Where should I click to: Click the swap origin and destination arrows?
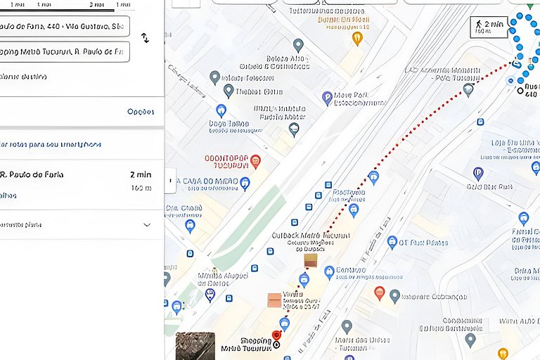pyautogui.click(x=145, y=38)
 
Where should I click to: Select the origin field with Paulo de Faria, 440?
pyautogui.click(x=63, y=27)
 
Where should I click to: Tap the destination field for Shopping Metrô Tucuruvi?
pyautogui.click(x=63, y=51)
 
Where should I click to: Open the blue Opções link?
pyautogui.click(x=141, y=112)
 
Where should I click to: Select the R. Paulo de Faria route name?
pyautogui.click(x=32, y=174)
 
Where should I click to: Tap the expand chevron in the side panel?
pyautogui.click(x=147, y=225)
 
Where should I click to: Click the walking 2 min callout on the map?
pyautogui.click(x=489, y=27)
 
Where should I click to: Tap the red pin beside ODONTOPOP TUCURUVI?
pyautogui.click(x=255, y=161)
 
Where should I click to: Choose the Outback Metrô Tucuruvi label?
pyautogui.click(x=310, y=236)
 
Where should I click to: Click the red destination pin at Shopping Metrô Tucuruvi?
pyautogui.click(x=276, y=336)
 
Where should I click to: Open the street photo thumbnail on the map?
pyautogui.click(x=195, y=346)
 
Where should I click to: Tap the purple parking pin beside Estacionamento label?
pyautogui.click(x=327, y=97)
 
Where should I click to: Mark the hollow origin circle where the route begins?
pyautogui.click(x=520, y=91)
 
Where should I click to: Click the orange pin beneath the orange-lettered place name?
pyautogui.click(x=357, y=38)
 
